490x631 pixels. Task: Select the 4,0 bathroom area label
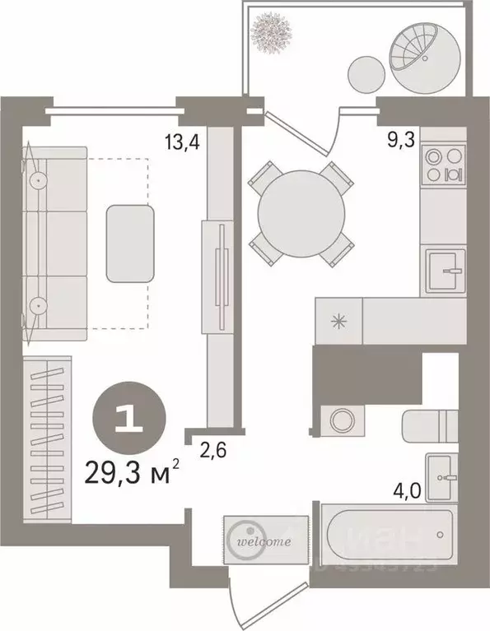(407, 494)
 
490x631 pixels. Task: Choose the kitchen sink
(445, 268)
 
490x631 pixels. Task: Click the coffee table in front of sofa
(130, 243)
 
